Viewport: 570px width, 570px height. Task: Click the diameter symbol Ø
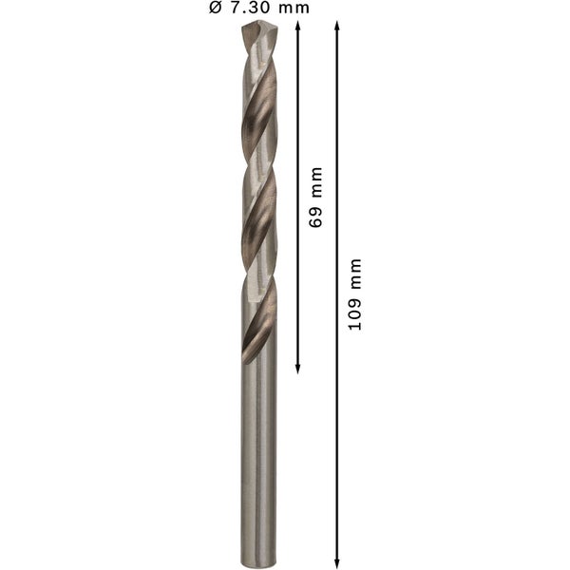point(215,9)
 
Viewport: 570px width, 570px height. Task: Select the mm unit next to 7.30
point(294,9)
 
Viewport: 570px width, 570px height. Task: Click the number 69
point(316,216)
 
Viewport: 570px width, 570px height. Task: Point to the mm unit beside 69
point(316,183)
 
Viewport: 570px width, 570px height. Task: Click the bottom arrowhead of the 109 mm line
point(337,562)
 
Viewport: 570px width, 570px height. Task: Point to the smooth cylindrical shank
point(259,456)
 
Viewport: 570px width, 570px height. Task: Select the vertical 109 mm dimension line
point(337,427)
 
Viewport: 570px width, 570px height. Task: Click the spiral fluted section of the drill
point(259,190)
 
